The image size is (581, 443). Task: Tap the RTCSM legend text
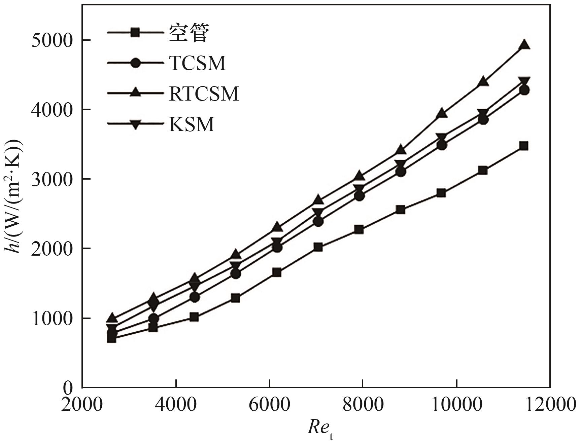(204, 94)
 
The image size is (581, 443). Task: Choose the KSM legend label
(192, 124)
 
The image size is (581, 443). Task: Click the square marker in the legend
(135, 33)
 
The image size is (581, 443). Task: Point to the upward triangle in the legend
(135, 93)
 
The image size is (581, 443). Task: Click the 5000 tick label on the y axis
(52, 41)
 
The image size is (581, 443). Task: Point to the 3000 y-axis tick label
(52, 180)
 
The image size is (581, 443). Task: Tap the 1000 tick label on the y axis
(52, 319)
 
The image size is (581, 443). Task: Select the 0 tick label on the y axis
(68, 388)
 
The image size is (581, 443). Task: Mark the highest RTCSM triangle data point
(524, 45)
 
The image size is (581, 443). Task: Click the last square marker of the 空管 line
(523, 146)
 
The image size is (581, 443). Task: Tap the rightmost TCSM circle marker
(524, 90)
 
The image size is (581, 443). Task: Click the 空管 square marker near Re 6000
(277, 272)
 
